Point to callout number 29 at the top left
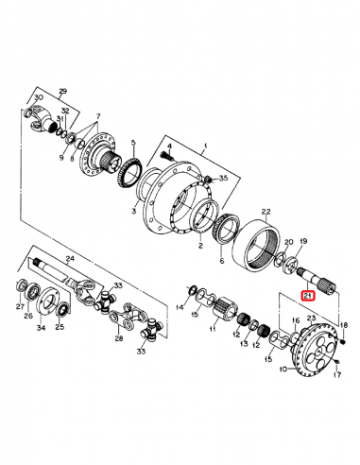pos(64,90)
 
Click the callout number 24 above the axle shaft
pos(69,257)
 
